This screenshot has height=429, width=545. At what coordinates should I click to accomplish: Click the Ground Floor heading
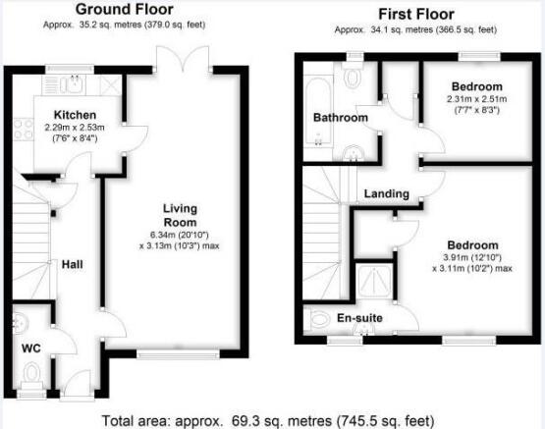(x=125, y=10)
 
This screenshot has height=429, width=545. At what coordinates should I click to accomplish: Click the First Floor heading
(x=416, y=15)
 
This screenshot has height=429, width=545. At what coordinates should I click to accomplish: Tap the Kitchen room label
(x=75, y=115)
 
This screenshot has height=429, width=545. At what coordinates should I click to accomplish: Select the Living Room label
(x=180, y=215)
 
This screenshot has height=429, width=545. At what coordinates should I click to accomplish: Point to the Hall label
(x=73, y=265)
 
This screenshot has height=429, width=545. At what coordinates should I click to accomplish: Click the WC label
(x=31, y=349)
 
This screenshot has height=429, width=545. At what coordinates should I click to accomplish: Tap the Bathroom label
(x=341, y=118)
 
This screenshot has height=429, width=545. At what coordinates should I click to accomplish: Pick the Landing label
(x=387, y=193)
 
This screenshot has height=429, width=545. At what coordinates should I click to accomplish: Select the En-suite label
(x=359, y=318)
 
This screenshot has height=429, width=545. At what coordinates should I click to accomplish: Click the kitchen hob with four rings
(x=24, y=130)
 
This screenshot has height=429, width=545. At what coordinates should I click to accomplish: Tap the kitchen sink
(x=73, y=84)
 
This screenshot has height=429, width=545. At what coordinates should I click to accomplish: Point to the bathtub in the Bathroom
(x=318, y=112)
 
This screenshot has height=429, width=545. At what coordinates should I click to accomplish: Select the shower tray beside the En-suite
(x=374, y=281)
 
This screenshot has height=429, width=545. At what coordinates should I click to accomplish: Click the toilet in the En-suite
(x=317, y=319)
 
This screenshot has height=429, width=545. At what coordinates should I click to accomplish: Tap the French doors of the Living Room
(x=183, y=59)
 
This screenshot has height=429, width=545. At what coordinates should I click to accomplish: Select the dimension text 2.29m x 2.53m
(x=75, y=128)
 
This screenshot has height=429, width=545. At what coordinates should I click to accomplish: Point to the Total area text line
(x=268, y=421)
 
